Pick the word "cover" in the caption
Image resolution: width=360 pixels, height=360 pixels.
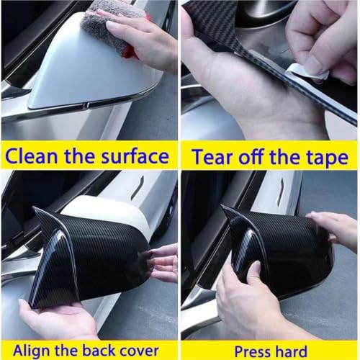[x=139, y=351]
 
